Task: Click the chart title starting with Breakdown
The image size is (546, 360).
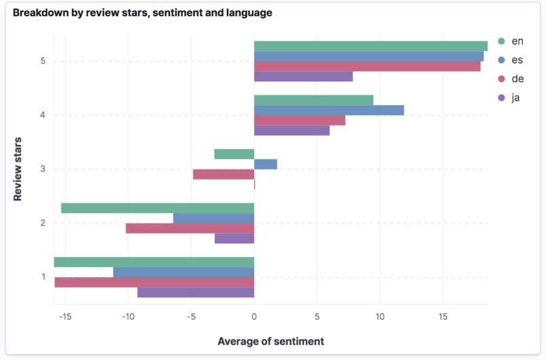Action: pos(142,13)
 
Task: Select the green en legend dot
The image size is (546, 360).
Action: pos(501,41)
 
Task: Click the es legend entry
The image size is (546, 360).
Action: pos(517,60)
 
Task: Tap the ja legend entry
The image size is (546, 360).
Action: pos(516,98)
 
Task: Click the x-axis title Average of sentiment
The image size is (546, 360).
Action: pos(270,341)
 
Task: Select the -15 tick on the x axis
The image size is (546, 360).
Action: pos(64,317)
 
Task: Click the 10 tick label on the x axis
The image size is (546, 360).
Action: pos(379,317)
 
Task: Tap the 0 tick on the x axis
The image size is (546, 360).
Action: pos(254,317)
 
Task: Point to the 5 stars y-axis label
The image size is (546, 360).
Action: pos(43,61)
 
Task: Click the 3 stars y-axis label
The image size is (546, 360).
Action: pos(43,169)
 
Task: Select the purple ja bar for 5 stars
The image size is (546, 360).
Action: pos(303,77)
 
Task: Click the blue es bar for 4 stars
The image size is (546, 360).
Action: pos(329,110)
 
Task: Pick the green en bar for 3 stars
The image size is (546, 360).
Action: pos(234,154)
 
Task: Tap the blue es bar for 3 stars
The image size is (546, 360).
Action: pos(266,164)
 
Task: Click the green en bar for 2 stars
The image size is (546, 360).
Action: pos(157,208)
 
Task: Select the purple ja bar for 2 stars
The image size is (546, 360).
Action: pos(234,239)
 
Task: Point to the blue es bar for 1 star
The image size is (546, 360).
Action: pos(183,273)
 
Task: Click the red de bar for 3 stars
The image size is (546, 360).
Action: pos(224,174)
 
